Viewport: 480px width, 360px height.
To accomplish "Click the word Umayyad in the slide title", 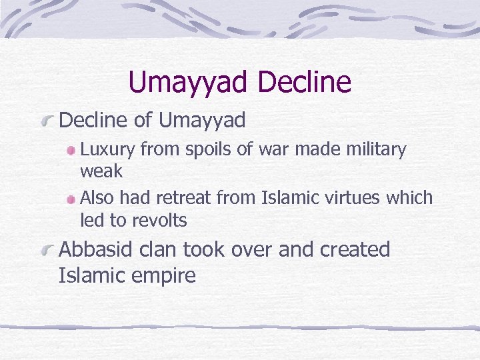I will pyautogui.click(x=189, y=83).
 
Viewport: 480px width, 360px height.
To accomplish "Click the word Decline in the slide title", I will pyautogui.click(x=303, y=83).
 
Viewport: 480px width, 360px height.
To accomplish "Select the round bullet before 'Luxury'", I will pyautogui.click(x=71, y=151).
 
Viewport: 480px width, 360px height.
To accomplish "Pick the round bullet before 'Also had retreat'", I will pyautogui.click(x=71, y=199).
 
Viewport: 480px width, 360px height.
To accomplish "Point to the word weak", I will pyautogui.click(x=101, y=171).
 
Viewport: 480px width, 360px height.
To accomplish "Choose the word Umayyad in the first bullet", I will pyautogui.click(x=203, y=121).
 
